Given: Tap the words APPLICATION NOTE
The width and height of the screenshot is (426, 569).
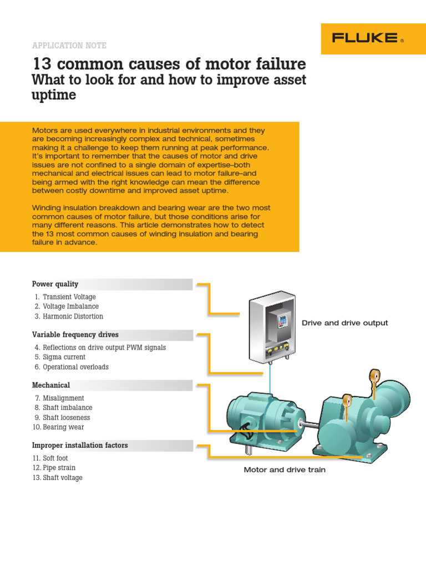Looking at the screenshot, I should click(x=69, y=46).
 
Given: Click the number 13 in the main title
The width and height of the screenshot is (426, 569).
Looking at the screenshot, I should click(x=43, y=64).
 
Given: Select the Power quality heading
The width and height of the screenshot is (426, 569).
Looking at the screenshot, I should click(x=55, y=284).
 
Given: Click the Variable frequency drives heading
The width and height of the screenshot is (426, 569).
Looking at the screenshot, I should click(x=75, y=335).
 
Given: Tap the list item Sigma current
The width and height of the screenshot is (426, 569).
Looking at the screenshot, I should click(x=64, y=357).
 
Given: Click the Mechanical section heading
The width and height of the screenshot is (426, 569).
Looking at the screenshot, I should click(x=51, y=385).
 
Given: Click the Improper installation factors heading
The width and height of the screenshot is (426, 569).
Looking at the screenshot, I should click(x=80, y=445).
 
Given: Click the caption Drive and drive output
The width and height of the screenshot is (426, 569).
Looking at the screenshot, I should click(x=344, y=323).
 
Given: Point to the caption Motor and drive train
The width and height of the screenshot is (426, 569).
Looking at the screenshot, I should click(x=285, y=470).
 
